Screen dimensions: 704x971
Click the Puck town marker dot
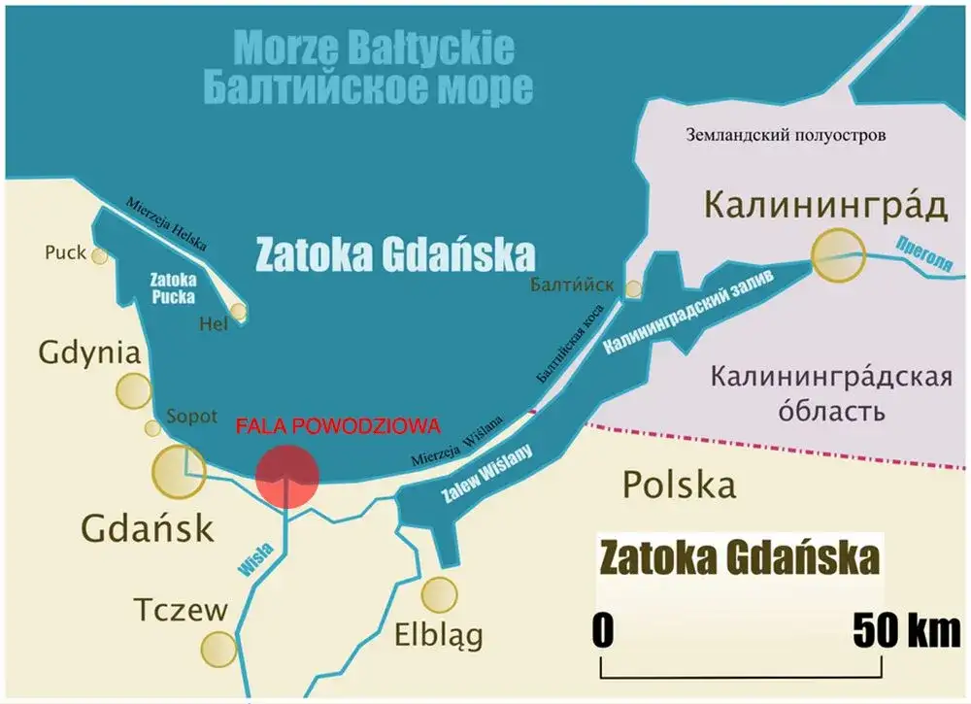(99, 255)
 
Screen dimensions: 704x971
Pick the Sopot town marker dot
(152, 428)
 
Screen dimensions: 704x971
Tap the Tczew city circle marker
(218, 647)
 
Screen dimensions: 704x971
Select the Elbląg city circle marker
(440, 593)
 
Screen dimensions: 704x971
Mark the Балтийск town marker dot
(633, 288)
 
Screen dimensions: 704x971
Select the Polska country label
(679, 483)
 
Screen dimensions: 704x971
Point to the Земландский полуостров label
(785, 135)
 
